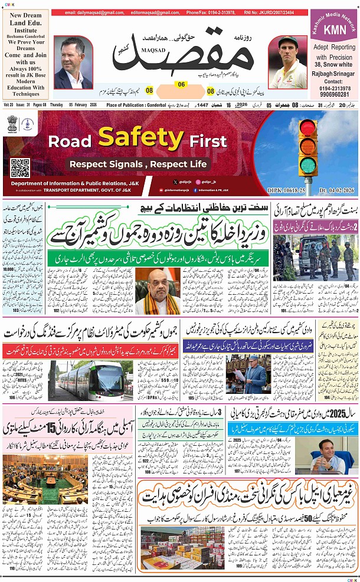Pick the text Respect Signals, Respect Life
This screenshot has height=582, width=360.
pyautogui.click(x=139, y=163)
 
